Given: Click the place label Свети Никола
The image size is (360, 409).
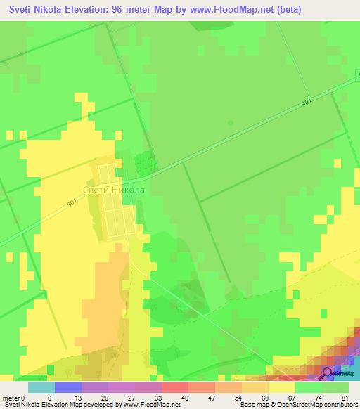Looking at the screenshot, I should [x=114, y=190].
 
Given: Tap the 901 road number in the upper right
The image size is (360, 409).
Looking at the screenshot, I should [x=306, y=103].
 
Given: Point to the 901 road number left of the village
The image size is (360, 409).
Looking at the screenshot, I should [x=72, y=204].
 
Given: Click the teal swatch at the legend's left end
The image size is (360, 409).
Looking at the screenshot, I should [x=41, y=387].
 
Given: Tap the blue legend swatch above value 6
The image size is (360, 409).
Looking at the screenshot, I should [x=67, y=387].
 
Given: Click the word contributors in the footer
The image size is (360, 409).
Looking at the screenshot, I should [x=338, y=404].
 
